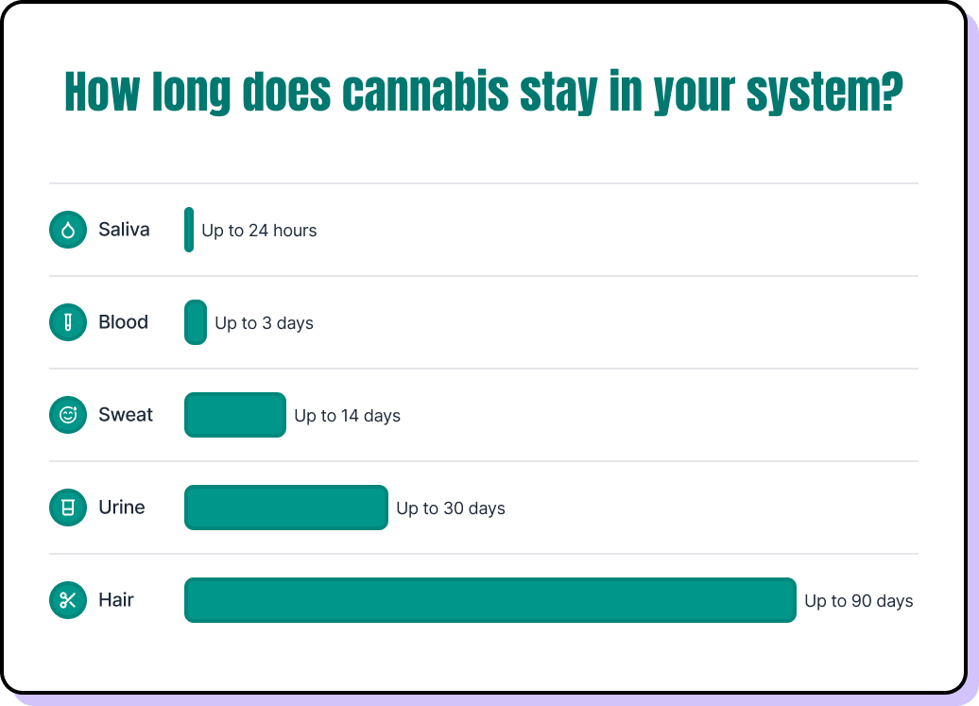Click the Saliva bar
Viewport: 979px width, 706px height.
[189, 230]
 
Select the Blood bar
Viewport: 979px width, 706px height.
[196, 322]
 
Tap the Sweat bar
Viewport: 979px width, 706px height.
[235, 415]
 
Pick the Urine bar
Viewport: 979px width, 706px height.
[286, 508]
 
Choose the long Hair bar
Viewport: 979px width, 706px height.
[490, 600]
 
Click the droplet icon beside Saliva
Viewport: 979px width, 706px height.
[68, 230]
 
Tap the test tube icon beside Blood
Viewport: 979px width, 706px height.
[68, 322]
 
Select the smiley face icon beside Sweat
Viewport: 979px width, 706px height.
[68, 415]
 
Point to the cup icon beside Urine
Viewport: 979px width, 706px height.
[68, 508]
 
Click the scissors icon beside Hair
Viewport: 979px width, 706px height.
[68, 600]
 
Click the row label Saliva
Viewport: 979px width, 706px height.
[124, 230]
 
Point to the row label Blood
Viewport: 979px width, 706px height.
[123, 322]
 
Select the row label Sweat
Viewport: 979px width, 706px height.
[126, 415]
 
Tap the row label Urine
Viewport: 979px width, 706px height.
[122, 508]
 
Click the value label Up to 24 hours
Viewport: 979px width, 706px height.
[259, 231]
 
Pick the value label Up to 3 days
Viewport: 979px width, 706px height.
[264, 323]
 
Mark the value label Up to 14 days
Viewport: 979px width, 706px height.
[347, 416]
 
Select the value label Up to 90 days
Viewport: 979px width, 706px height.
[858, 601]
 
